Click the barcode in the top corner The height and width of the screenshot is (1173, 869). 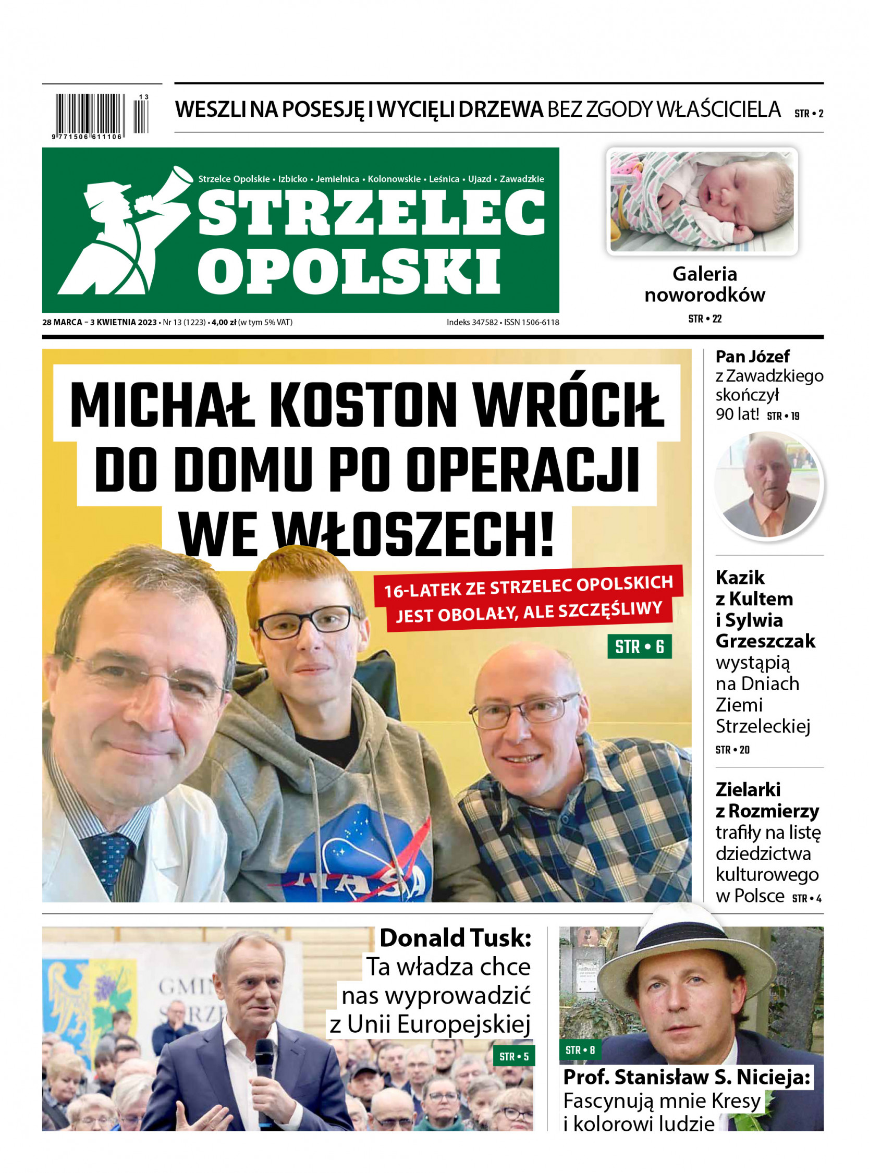point(101,114)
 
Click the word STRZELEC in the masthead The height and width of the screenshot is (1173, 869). point(371,213)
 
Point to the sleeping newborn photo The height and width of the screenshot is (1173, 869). point(702,201)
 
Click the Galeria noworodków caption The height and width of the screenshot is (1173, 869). point(704,285)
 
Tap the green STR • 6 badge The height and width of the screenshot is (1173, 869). point(639,646)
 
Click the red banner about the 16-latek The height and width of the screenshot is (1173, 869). point(528,599)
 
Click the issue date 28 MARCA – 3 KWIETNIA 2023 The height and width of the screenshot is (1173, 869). point(100,322)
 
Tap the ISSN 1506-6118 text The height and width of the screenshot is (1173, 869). point(531,322)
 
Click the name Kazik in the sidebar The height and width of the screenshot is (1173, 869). point(740,578)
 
